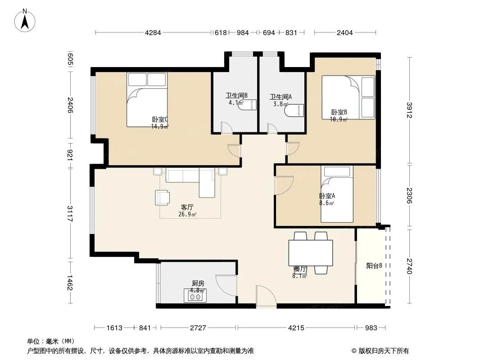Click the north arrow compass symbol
click(25, 21)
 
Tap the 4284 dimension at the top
click(153, 33)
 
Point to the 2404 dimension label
click(345, 33)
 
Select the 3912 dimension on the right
click(410, 110)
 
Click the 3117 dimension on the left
click(70, 213)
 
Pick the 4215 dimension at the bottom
click(296, 328)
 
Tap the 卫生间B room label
click(236, 95)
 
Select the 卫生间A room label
click(281, 97)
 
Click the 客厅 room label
click(187, 207)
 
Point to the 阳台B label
click(374, 266)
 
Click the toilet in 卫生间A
click(294, 110)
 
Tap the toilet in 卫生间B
click(248, 104)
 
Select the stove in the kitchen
click(195, 296)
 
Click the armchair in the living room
click(162, 198)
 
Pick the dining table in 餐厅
click(310, 253)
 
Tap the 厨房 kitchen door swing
click(226, 285)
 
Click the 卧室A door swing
click(284, 185)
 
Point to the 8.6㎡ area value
click(326, 203)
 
